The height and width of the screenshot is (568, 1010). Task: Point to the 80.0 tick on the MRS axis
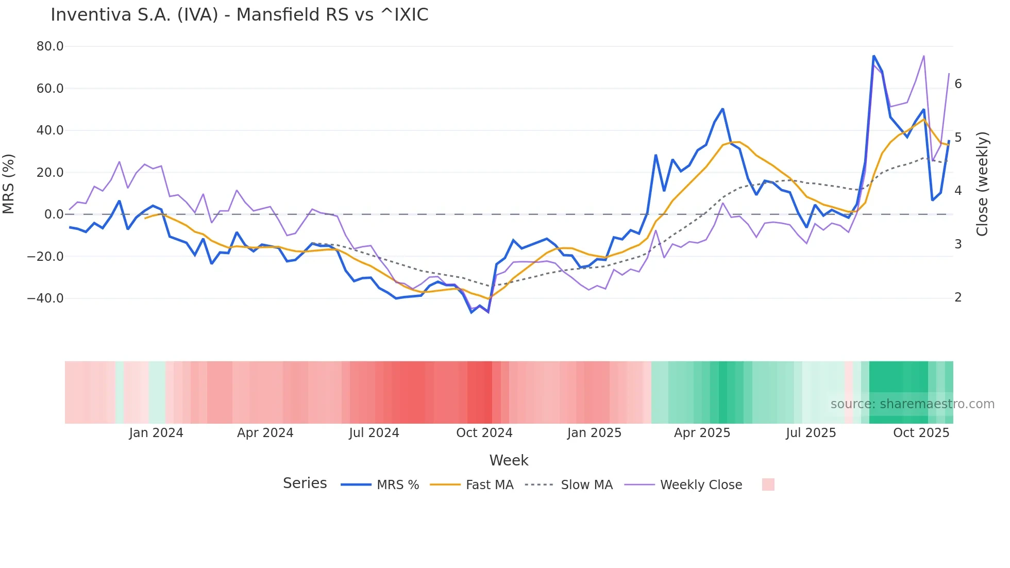click(x=50, y=46)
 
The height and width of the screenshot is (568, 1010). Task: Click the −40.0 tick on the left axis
click(x=46, y=298)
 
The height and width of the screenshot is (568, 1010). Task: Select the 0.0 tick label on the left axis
click(x=54, y=214)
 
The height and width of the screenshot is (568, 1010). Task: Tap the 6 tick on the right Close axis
click(x=958, y=84)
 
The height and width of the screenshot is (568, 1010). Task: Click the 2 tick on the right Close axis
click(x=958, y=297)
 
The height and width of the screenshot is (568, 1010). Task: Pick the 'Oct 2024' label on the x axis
click(x=484, y=433)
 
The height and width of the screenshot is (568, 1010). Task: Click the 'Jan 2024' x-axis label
click(x=156, y=433)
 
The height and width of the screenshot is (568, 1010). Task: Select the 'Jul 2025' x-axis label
click(x=811, y=433)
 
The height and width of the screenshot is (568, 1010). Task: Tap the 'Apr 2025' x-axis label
click(x=702, y=433)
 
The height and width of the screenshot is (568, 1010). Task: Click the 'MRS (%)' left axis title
click(x=9, y=183)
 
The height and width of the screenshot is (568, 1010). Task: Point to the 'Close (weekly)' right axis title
click(x=982, y=184)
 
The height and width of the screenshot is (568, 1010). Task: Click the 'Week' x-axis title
click(x=509, y=460)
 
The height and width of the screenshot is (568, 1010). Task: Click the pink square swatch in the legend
click(x=768, y=485)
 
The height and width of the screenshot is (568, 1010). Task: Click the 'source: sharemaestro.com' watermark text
click(x=912, y=404)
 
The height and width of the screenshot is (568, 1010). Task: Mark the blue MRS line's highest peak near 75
click(x=873, y=56)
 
